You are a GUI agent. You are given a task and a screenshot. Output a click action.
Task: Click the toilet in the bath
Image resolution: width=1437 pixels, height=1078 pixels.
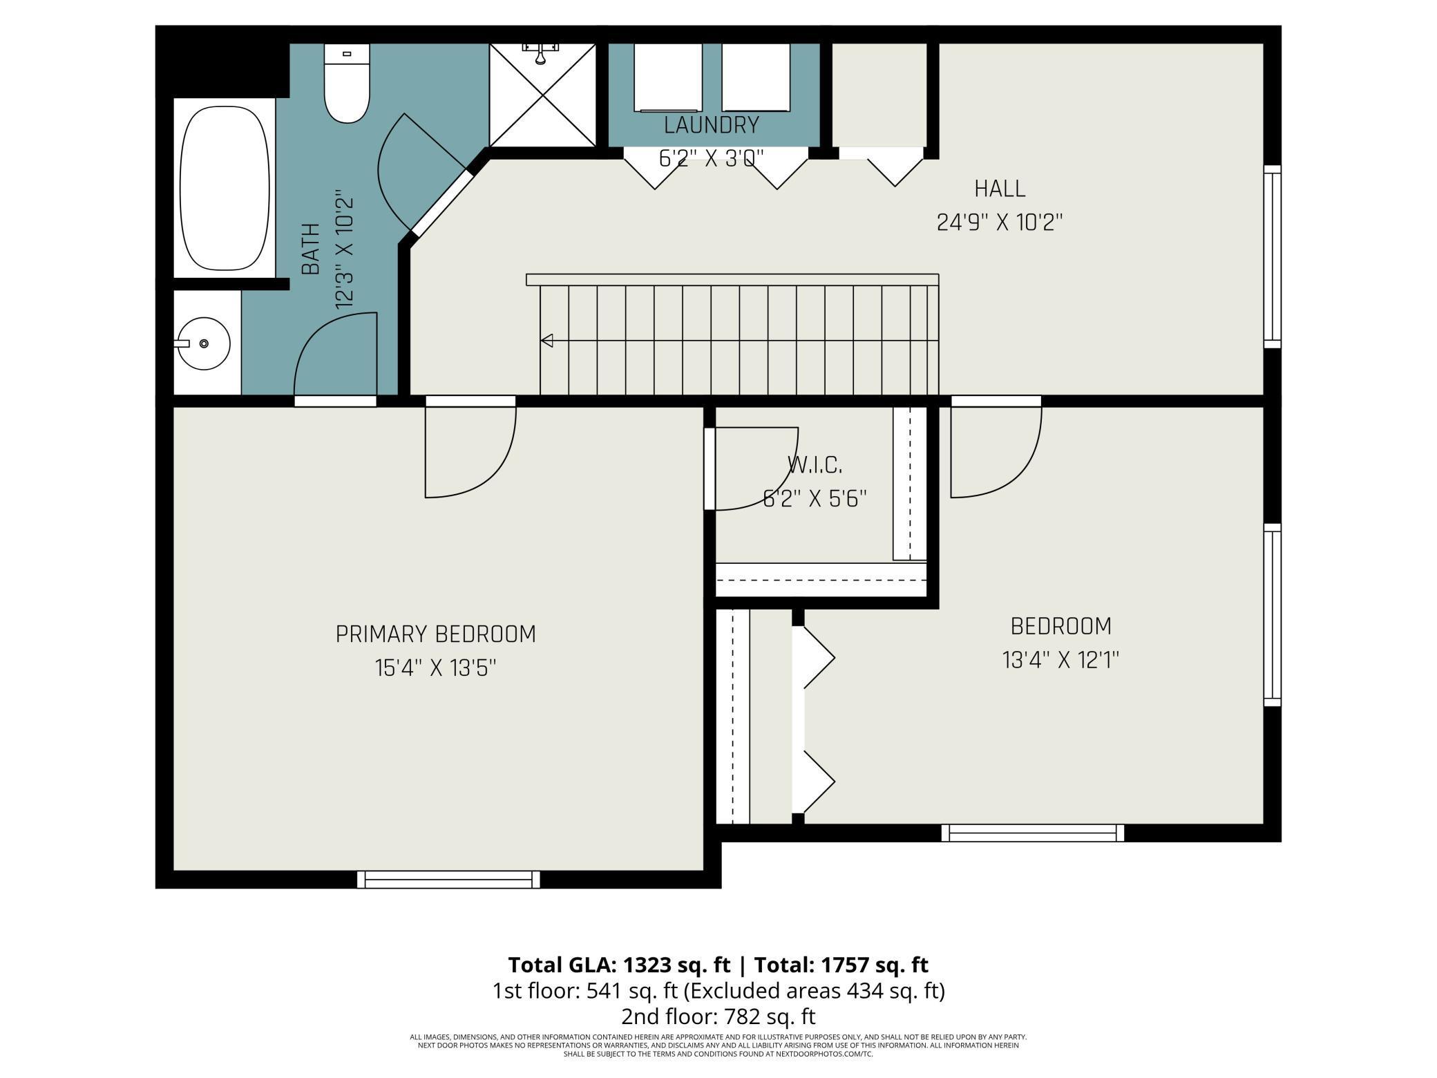coord(347,83)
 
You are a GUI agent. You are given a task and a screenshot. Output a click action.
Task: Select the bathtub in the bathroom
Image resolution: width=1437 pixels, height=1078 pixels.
coord(224,188)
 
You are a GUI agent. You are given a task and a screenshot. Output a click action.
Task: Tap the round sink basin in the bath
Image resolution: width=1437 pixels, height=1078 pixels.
coord(204,343)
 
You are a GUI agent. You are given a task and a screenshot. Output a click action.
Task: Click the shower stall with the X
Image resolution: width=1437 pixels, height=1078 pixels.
coord(542,95)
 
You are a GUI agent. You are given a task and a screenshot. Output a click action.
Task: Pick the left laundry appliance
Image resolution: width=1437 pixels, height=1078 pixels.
coord(668,77)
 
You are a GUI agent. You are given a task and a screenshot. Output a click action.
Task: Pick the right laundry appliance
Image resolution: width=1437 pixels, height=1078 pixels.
coord(756,77)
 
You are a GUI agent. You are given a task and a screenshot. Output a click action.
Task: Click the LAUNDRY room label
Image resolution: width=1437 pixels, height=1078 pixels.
coord(712,126)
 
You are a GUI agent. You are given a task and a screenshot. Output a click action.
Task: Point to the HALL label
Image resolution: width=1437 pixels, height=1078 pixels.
coord(1000,189)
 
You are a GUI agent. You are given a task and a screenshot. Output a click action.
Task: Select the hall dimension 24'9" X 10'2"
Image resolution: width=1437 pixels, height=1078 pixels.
coord(1000,223)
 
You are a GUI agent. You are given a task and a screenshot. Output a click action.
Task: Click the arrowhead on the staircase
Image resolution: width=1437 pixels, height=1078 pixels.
coord(546,341)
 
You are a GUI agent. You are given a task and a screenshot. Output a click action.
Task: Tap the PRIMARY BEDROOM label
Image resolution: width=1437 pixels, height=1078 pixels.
coord(436,634)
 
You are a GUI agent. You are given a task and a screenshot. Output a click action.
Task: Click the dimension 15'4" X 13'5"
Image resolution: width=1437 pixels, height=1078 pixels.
coord(436,668)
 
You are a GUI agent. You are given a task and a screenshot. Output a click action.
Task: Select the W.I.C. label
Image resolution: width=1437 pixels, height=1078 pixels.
coord(815,465)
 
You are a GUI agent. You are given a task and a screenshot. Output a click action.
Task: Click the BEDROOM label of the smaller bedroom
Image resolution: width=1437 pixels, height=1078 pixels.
coord(1061,626)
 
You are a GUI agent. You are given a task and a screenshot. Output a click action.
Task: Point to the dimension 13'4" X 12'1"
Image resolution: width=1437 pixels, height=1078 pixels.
coord(1061,660)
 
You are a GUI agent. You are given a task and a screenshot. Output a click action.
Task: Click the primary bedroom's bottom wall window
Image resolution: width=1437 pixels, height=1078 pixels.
coord(449,880)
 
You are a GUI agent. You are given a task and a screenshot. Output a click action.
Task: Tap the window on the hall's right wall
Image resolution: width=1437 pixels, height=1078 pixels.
coord(1273,257)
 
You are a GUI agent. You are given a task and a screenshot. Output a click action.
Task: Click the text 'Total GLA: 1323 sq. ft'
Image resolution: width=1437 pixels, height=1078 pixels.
coord(619,965)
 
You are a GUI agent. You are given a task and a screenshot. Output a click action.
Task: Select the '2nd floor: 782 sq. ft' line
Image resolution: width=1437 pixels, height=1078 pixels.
coord(718,1016)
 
